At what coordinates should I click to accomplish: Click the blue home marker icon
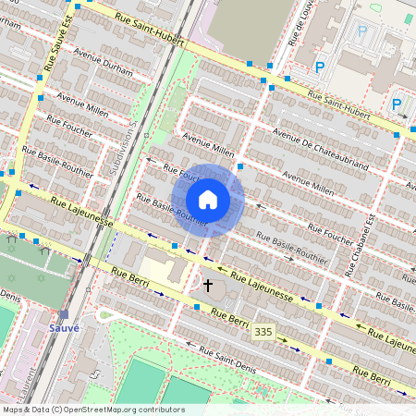pyautogui.click(x=208, y=200)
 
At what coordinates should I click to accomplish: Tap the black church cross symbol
pyautogui.click(x=208, y=287)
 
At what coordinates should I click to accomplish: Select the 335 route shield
pyautogui.click(x=263, y=331)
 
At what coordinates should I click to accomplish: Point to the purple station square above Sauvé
pyautogui.click(x=63, y=314)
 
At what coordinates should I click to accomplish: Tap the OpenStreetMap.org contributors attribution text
pyautogui.click(x=124, y=409)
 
